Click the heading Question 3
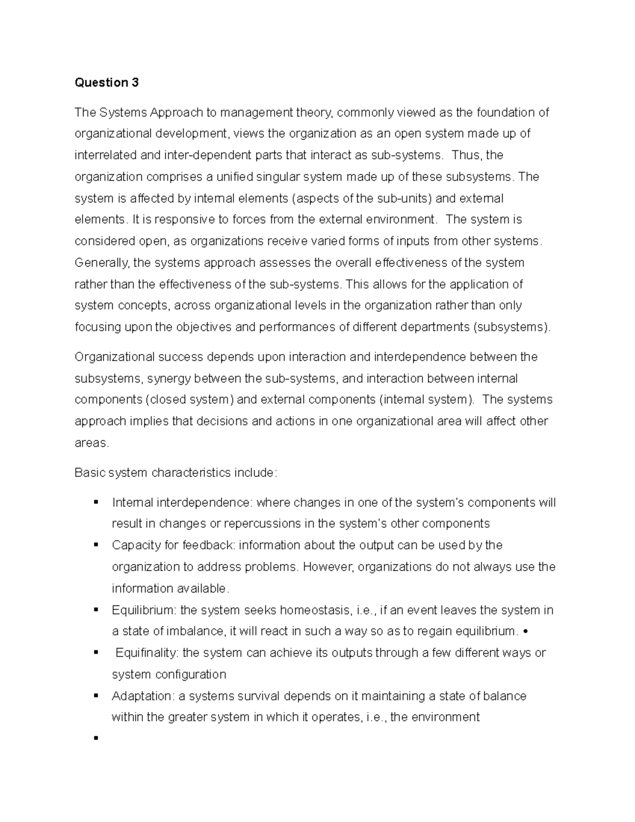point(106,83)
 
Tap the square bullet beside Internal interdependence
point(96,502)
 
